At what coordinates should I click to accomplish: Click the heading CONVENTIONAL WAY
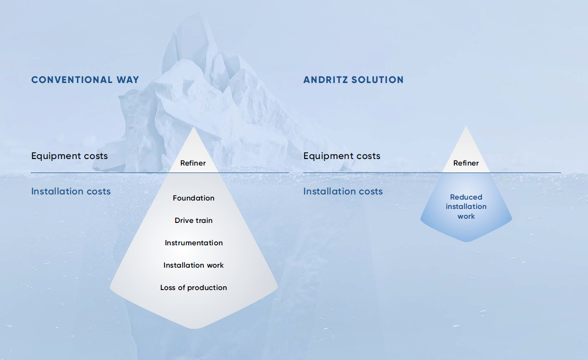click(85, 80)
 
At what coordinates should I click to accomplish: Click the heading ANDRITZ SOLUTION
click(353, 80)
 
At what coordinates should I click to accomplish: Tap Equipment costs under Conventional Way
click(69, 156)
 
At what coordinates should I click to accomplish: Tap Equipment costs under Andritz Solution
click(342, 156)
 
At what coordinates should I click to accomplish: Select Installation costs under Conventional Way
click(71, 191)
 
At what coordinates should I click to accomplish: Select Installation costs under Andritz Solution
click(343, 191)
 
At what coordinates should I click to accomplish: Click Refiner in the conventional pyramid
click(193, 163)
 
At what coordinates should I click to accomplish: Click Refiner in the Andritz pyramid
click(466, 163)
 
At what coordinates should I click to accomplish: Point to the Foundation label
click(193, 198)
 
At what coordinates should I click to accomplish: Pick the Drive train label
click(193, 221)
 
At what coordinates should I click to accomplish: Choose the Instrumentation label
click(194, 243)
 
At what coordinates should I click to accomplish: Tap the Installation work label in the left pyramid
click(193, 265)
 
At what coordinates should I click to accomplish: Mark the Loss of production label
click(193, 288)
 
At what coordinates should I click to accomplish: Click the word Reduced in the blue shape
click(466, 197)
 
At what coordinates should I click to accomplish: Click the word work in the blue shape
click(466, 216)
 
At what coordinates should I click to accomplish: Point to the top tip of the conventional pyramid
click(194, 127)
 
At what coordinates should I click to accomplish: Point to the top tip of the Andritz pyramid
click(466, 127)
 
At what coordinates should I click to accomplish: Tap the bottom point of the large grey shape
click(194, 328)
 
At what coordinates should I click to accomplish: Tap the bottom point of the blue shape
click(466, 242)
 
